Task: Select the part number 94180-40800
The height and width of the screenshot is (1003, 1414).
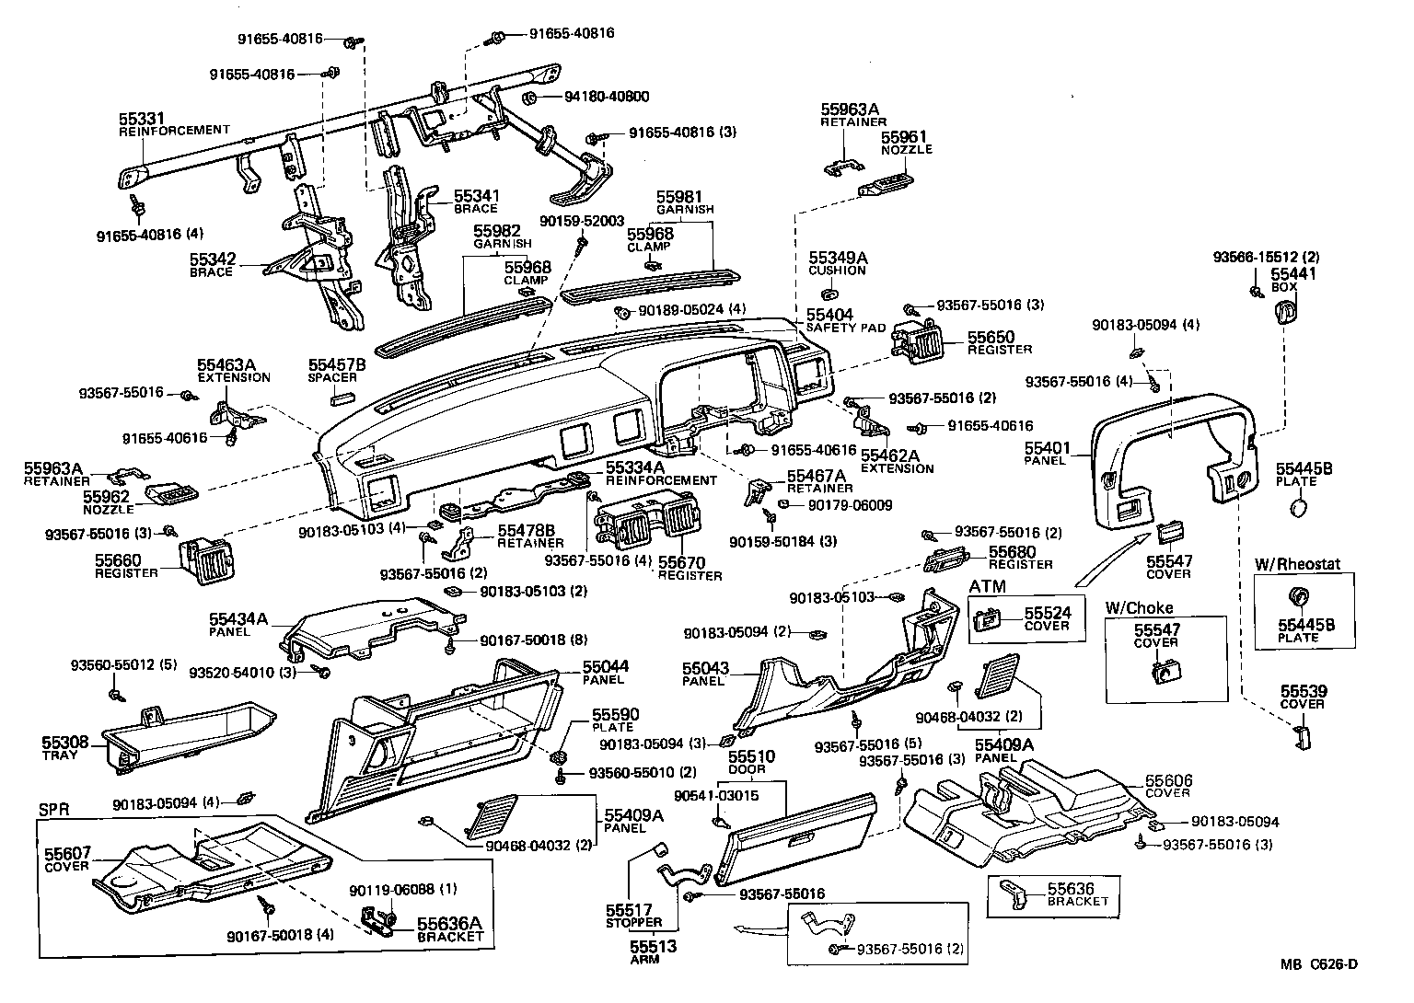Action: tap(593, 97)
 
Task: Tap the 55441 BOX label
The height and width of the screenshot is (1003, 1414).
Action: tap(1293, 280)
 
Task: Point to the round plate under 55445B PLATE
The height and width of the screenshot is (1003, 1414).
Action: tap(1298, 507)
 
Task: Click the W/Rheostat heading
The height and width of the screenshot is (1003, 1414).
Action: tap(1297, 563)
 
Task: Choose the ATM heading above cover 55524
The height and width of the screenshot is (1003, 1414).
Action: tap(987, 586)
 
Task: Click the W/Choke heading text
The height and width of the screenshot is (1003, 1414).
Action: tap(1138, 608)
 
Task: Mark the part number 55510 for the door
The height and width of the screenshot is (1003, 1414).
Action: tap(752, 756)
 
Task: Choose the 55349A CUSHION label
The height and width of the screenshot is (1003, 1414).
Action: tap(838, 264)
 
